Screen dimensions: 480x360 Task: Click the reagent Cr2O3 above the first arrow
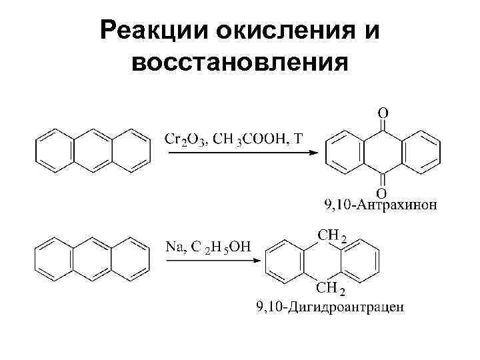(x=187, y=139)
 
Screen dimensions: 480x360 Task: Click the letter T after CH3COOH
(x=297, y=139)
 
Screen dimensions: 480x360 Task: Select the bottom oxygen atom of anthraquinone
(x=383, y=193)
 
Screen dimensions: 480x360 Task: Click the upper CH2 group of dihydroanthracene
(x=331, y=236)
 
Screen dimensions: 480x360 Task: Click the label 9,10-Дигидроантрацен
(x=330, y=307)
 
